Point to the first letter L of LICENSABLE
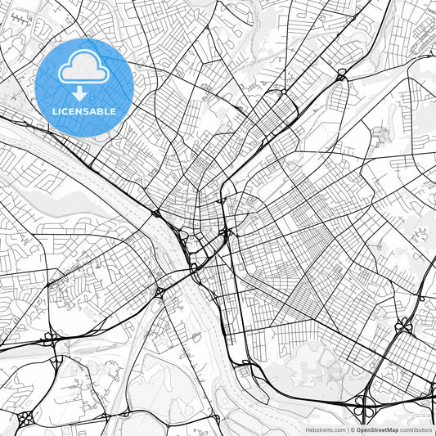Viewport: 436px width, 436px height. pos(55,111)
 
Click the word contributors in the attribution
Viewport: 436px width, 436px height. pos(416,429)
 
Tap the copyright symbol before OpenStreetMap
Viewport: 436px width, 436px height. pos(350,429)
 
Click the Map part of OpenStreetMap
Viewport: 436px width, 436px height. pos(393,429)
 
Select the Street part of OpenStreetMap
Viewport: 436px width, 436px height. pos(377,429)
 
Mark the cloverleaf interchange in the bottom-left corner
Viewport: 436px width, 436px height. pos(25,416)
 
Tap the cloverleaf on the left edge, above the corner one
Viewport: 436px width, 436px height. pos(52,336)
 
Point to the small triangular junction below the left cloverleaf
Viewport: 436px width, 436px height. pos(54,361)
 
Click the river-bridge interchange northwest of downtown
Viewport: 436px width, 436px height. pos(155,214)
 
